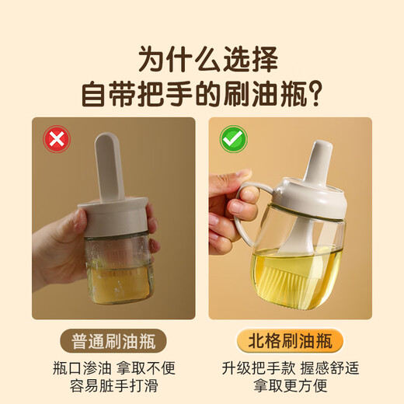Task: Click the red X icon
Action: point(57,140)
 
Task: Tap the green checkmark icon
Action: point(233,140)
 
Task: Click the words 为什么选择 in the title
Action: point(202,57)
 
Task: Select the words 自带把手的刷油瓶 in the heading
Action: point(192,93)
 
